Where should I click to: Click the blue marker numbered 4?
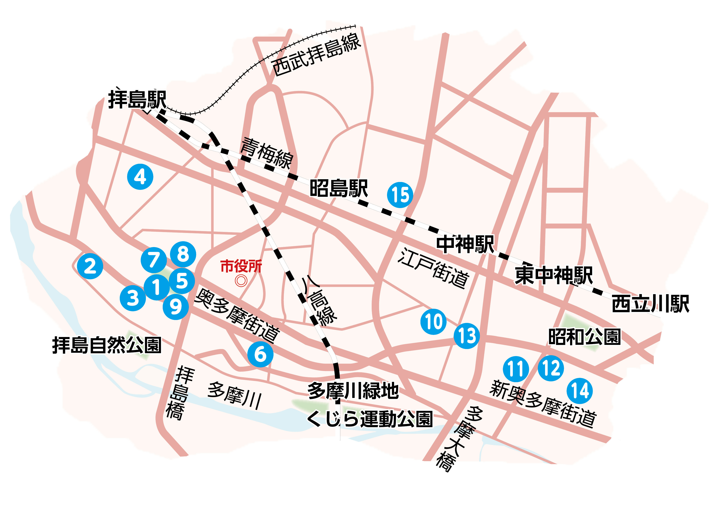pos(140,177)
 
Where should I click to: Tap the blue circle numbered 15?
pos(400,195)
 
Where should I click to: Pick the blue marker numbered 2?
pos(90,266)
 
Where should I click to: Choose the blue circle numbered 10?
pos(434,322)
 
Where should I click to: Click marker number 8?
pos(183,254)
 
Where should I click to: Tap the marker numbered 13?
pos(467,336)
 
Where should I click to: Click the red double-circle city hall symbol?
pos(241,281)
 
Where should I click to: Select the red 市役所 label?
pos(241,266)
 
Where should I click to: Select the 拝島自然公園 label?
pos(107,345)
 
